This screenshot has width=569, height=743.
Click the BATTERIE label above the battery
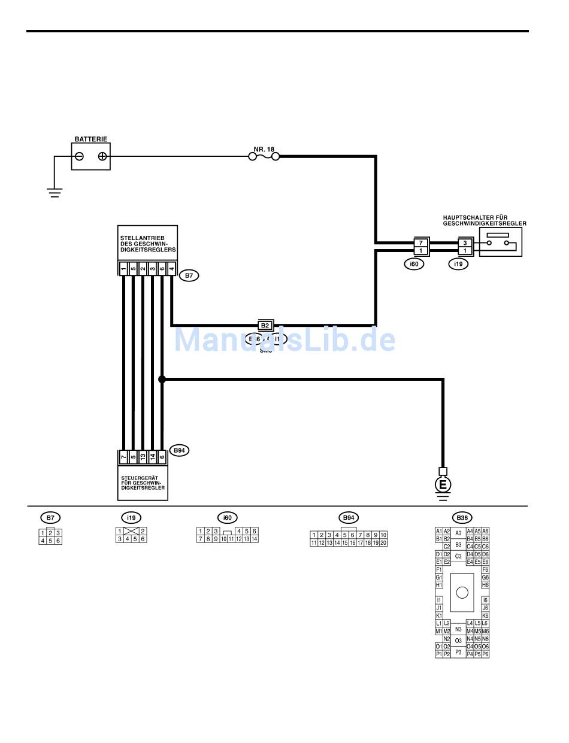tap(91, 139)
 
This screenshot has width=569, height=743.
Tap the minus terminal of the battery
tap(79, 157)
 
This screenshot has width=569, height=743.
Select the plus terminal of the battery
tap(102, 157)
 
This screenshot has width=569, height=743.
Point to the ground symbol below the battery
tap(55, 192)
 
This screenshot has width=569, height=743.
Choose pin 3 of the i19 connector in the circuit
tap(464, 242)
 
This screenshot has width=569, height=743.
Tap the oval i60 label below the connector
tap(414, 263)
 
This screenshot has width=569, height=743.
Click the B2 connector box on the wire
tap(265, 326)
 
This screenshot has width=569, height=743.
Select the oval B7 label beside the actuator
tap(189, 275)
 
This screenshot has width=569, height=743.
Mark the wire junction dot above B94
tap(162, 379)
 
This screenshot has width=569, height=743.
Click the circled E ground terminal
tap(443, 484)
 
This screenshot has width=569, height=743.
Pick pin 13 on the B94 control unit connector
tap(143, 457)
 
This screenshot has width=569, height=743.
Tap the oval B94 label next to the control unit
tap(179, 450)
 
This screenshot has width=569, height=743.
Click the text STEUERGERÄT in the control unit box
tap(139, 477)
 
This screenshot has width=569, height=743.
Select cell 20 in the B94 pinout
tap(383, 543)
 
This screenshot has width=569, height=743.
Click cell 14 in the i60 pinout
tap(254, 539)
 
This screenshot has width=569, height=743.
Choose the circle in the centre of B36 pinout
tap(462, 593)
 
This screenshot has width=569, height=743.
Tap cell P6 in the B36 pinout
tap(485, 654)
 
